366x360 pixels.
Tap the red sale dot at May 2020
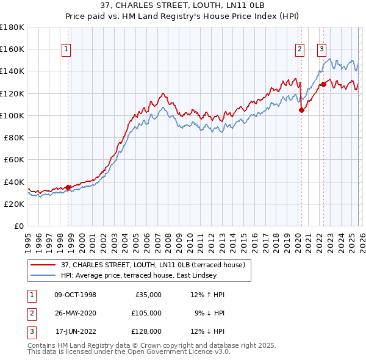tap(301, 110)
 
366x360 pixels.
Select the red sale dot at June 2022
tap(323, 84)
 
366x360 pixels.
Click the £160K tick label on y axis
tap(12, 49)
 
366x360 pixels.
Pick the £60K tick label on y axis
tap(14, 159)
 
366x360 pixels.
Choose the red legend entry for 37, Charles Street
tap(152, 265)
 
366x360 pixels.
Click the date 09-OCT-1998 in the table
tap(76, 295)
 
